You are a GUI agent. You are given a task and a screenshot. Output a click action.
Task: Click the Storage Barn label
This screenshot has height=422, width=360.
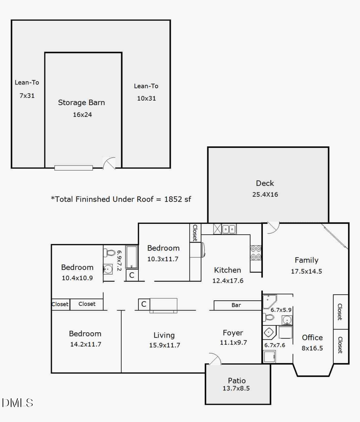pos(82,102)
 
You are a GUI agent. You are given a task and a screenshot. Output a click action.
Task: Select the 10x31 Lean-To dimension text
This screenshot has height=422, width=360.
pos(146,98)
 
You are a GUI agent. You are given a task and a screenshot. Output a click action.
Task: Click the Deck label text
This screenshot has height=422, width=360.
pos(265,183)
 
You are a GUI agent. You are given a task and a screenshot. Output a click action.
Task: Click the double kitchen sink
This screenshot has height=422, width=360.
pos(229,229)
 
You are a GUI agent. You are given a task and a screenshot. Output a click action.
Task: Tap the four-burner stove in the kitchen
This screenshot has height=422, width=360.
pos(256,253)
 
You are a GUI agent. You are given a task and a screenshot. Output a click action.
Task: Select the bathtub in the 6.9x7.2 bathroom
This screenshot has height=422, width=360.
pos(132,257)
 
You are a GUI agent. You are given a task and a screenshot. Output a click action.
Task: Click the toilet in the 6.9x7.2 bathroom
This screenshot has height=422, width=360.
pos(109,253)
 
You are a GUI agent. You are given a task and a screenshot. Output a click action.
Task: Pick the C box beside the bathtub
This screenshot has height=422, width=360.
pos(131,275)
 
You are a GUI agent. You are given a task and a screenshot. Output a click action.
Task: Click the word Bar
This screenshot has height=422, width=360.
pos(236,305)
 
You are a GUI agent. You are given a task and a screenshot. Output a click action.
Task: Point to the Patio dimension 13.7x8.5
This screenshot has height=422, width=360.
pos(237,388)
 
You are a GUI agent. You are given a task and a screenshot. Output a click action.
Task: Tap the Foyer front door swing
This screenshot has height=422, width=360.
pos(214,359)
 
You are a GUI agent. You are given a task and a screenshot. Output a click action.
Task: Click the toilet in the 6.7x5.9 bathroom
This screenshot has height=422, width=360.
pos(269,318)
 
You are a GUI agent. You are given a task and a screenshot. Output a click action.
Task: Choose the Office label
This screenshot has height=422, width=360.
pos(312,338)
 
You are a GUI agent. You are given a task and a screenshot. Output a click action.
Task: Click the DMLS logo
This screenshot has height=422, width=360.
pos(18,402)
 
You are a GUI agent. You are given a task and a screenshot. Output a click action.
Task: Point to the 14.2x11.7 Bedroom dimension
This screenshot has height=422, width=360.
pos(85,344)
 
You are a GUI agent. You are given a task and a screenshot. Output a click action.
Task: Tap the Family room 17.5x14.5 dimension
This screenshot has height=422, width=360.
pos(306,271)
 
